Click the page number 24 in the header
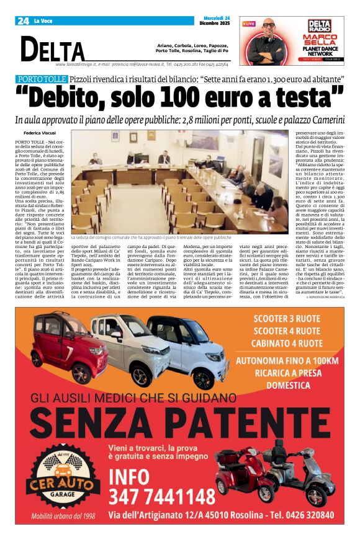coord(23,21)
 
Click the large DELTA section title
coord(52,49)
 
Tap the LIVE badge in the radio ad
coord(249,24)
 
